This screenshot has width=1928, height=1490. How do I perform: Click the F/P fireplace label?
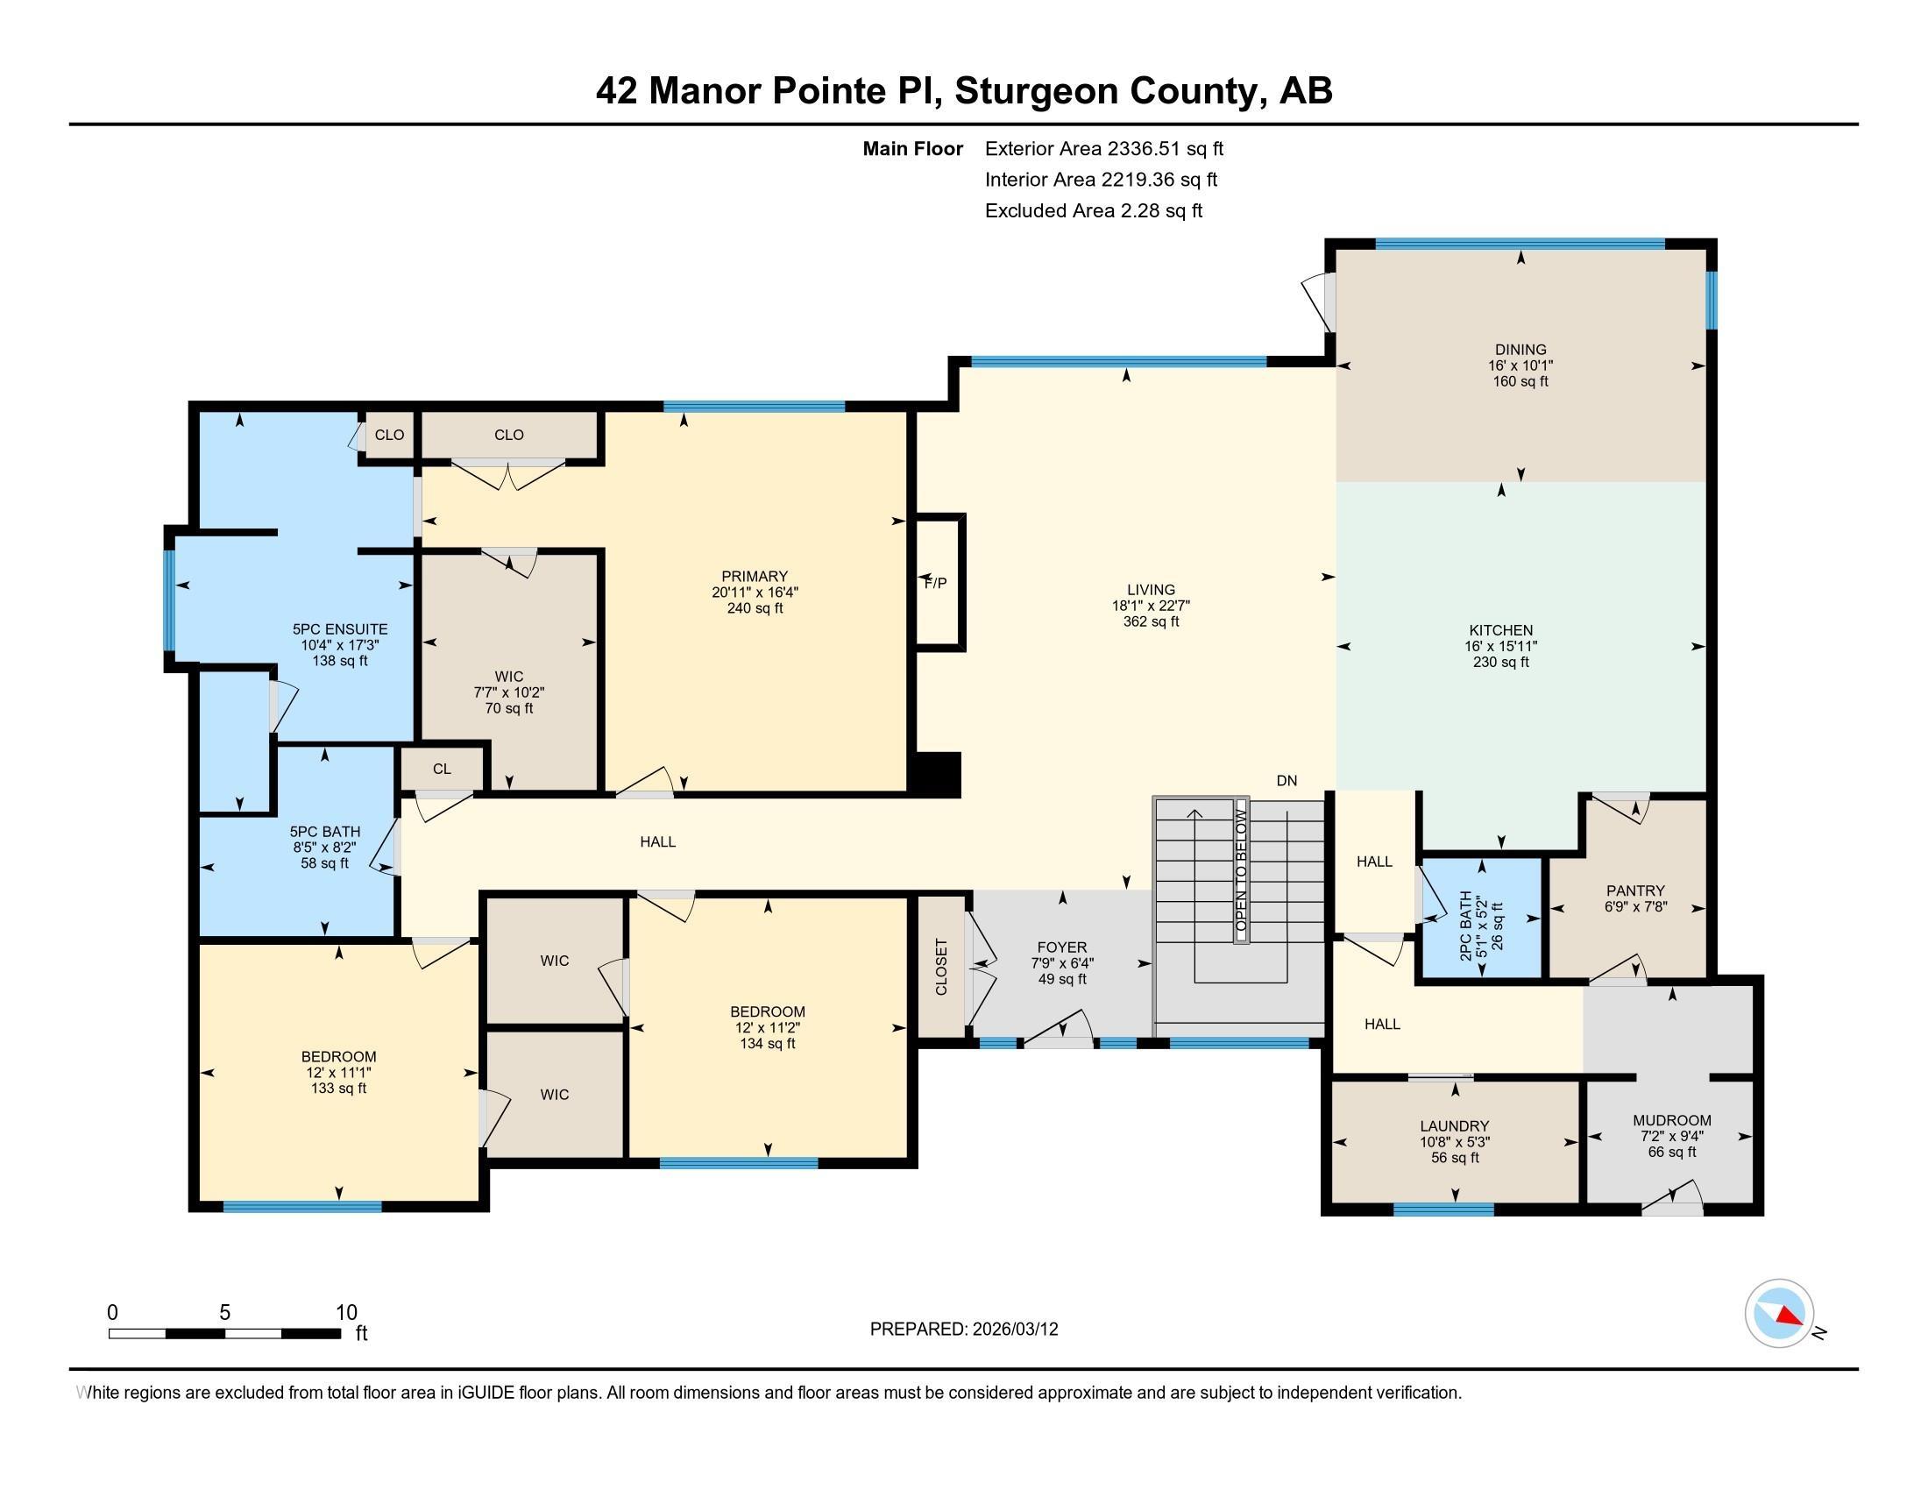coord(936,583)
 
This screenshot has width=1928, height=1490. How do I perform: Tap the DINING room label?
coord(1520,350)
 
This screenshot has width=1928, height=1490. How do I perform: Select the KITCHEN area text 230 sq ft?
coord(1500,662)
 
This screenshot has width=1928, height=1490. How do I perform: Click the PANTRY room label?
coord(1635,890)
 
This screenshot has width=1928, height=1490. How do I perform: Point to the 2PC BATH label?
coord(1466,926)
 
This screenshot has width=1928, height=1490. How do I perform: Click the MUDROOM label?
coord(1672,1120)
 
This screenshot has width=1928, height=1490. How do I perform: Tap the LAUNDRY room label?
coord(1454,1125)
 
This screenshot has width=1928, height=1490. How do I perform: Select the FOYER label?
coord(1062,947)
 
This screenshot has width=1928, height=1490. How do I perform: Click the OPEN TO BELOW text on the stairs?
coord(1241,871)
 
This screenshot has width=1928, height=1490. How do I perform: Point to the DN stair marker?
coord(1287,780)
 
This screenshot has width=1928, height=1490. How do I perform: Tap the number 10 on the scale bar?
coord(346,1313)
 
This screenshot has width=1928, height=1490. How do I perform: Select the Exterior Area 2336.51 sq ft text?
coord(1103,148)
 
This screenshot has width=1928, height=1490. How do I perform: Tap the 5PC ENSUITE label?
coord(340,629)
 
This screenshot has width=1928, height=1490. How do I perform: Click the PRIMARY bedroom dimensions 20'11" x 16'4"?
coord(755,592)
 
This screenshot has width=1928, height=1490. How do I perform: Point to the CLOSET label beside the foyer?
coord(941,967)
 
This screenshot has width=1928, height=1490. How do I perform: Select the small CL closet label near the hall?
coord(442,769)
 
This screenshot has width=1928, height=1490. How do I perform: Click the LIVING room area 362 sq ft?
coord(1151,621)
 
